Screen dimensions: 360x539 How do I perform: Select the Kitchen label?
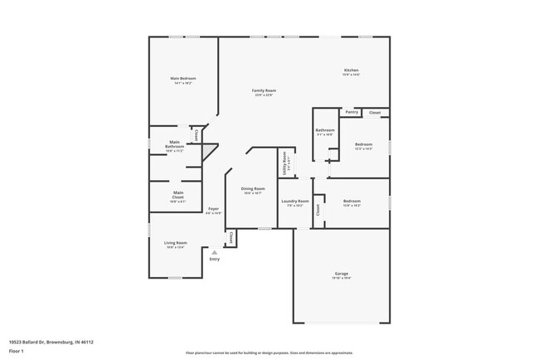pos(352,71)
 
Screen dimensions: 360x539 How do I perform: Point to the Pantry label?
pos(352,112)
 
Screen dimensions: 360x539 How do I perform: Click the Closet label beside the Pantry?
pos(375,112)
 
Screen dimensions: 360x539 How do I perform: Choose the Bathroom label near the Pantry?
pos(324,130)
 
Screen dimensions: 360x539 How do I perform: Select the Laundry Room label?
pos(294,201)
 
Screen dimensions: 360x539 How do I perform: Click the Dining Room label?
pos(253,188)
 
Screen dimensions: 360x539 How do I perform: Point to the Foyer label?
pos(213,208)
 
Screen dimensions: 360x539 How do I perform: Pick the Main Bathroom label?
pos(174,144)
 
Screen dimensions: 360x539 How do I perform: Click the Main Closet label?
pos(177,194)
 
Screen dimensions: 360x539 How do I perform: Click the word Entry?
pos(215,260)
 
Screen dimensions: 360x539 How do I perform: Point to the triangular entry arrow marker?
pos(215,252)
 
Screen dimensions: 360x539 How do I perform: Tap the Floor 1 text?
pos(17,351)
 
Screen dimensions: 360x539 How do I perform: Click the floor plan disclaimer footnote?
pos(269,353)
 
